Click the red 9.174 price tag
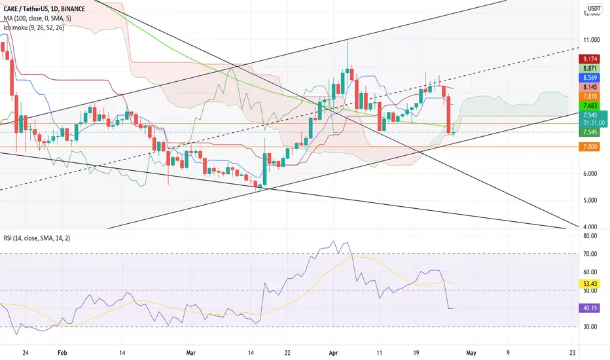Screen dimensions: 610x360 589,59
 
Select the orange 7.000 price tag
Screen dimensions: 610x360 589,147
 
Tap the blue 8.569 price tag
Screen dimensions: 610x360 589,78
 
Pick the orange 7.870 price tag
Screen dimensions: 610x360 589,96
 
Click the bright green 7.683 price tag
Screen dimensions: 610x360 589,105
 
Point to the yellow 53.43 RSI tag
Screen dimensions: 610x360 589,283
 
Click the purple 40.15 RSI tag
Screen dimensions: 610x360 589,308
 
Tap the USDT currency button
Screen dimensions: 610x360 594,9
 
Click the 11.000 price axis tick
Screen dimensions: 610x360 590,40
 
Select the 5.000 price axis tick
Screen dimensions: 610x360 590,200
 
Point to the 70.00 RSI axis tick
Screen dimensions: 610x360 590,254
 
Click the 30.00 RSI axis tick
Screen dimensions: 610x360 590,327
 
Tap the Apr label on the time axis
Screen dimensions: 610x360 333,353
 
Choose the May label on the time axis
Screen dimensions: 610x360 471,353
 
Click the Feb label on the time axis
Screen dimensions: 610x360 62,353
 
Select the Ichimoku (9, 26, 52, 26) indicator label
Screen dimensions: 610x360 34,27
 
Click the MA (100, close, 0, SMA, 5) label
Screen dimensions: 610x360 37,18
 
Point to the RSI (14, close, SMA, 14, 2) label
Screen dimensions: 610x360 37,238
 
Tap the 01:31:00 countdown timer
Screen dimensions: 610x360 594,123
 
